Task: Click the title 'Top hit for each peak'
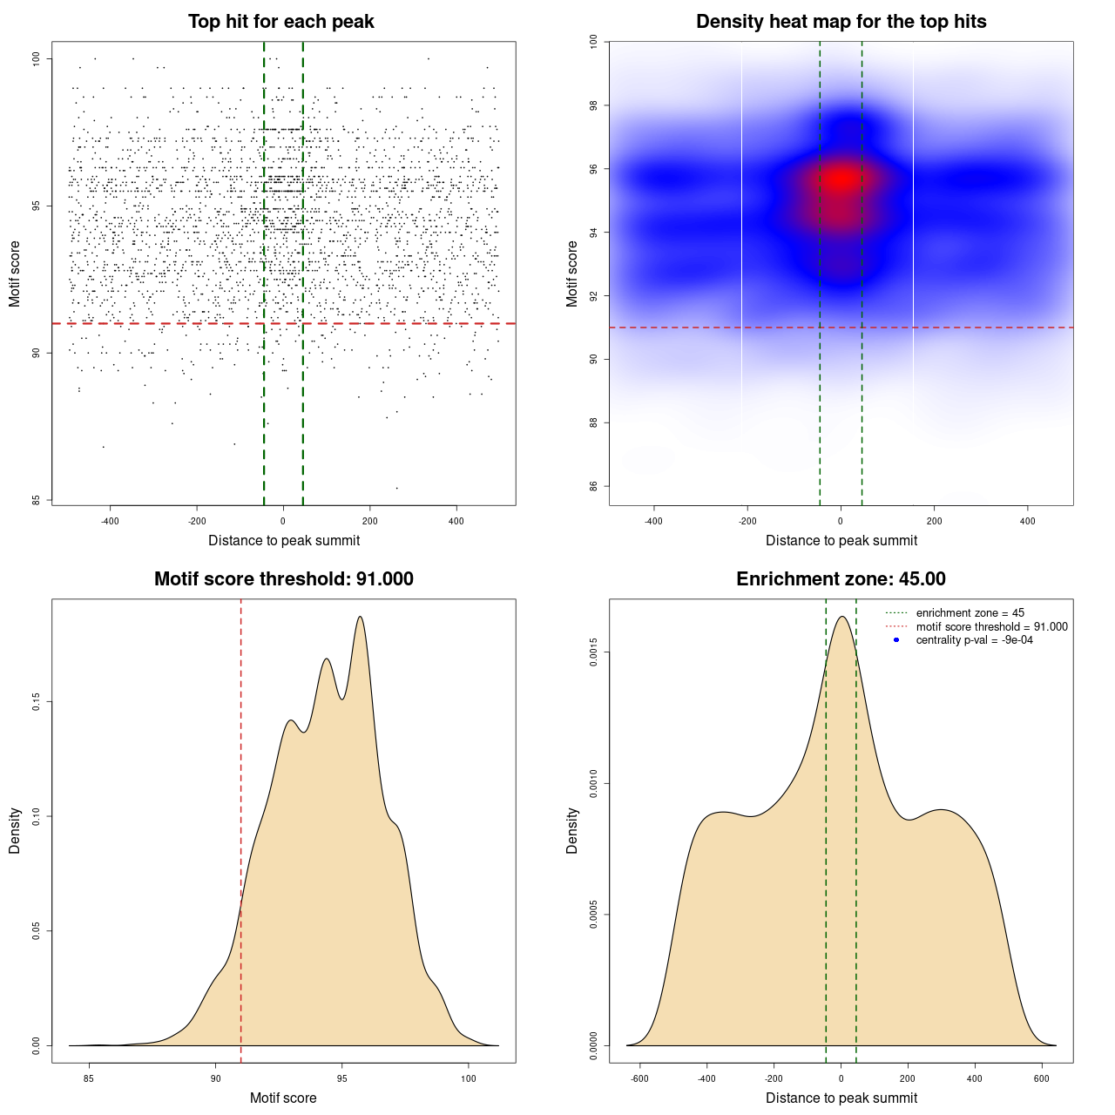tap(281, 22)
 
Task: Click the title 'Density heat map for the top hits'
tap(841, 22)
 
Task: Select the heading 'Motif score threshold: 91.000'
tap(283, 579)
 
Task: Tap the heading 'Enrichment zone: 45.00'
tap(841, 579)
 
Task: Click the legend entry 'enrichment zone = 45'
tap(970, 613)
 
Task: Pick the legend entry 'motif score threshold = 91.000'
tap(991, 627)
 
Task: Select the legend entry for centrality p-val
tap(974, 640)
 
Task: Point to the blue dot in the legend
tap(896, 640)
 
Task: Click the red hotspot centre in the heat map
tap(841, 179)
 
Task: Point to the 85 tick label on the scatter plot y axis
tap(36, 500)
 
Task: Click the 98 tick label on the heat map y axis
tap(593, 106)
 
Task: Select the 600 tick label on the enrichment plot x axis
tap(1041, 1078)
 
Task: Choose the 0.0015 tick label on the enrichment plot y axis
tap(593, 652)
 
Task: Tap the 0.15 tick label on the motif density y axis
tap(36, 702)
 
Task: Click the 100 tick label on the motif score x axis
tap(469, 1078)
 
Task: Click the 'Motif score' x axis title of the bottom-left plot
tap(283, 1098)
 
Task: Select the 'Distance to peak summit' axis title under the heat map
tap(841, 540)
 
